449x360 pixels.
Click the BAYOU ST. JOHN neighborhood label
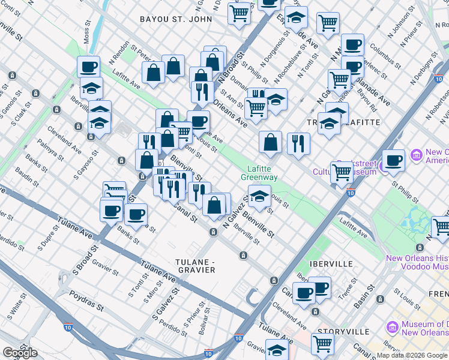click(x=176, y=19)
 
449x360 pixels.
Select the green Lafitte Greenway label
click(x=259, y=173)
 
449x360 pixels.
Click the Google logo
click(x=20, y=353)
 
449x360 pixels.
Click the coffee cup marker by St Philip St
click(x=394, y=160)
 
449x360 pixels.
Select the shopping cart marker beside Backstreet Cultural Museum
click(x=342, y=172)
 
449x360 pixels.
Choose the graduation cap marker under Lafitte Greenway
click(x=259, y=196)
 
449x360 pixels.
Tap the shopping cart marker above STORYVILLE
click(x=322, y=344)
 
